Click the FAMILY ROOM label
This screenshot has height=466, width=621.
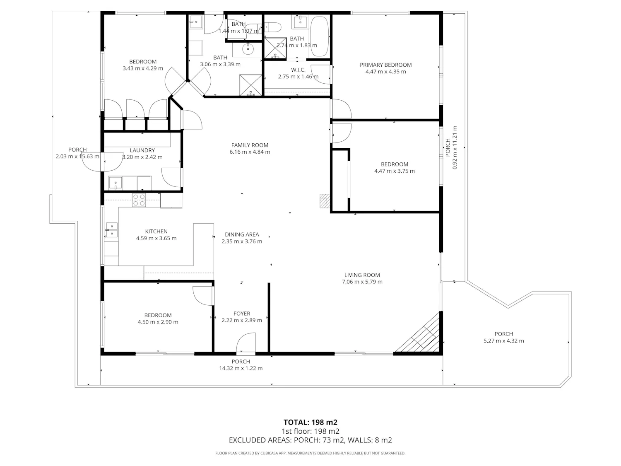pos(250,145)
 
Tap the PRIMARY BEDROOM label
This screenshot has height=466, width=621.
pos(385,65)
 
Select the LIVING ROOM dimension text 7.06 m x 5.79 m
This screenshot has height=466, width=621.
pos(362,282)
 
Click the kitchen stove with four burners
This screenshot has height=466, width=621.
pos(139,200)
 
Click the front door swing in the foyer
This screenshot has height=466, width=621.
pos(246,343)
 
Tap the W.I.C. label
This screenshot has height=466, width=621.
pos(298,70)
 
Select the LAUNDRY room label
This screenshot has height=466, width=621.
pos(142,150)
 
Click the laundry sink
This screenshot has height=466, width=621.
pos(116,183)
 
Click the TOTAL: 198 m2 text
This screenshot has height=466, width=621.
pos(310,423)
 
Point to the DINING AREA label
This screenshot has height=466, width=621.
pos(242,234)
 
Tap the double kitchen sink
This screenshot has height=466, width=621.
pos(112,230)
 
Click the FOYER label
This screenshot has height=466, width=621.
pos(242,314)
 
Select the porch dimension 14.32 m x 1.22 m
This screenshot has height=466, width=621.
pos(241,368)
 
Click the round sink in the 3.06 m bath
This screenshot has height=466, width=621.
pos(248,49)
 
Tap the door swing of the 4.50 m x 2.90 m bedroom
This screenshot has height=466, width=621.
pos(202,296)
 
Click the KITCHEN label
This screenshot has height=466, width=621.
pos(156,232)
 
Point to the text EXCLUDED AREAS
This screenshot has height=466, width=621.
pos(260,440)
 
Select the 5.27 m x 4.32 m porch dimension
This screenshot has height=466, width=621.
pos(503,341)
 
